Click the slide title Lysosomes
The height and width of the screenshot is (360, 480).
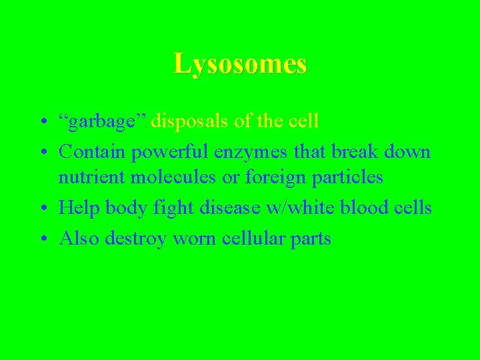(x=240, y=64)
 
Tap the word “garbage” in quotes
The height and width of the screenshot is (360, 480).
(x=103, y=122)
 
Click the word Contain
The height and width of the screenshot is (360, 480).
(x=92, y=151)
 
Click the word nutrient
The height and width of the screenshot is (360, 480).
(x=87, y=177)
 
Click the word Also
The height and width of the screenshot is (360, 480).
(x=77, y=238)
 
